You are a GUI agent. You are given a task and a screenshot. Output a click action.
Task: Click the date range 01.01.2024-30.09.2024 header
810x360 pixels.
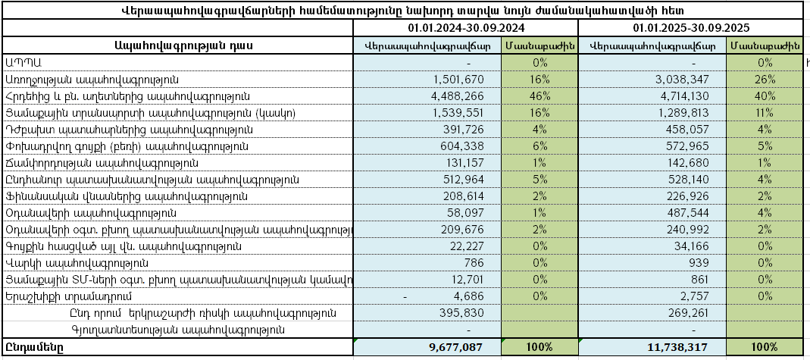pos(464,28)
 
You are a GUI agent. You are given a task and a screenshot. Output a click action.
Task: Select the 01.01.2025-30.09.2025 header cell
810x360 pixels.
pos(691,28)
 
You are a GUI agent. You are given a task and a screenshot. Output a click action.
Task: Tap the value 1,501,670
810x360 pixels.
pos(458,80)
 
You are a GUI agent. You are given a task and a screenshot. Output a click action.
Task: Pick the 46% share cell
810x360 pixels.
pos(539,96)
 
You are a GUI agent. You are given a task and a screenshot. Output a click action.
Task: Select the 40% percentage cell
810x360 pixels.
pos(765,96)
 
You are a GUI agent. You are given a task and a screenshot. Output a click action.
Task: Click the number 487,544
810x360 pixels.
pos(686,213)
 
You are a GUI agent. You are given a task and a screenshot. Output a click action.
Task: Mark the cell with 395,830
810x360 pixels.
pos(461,313)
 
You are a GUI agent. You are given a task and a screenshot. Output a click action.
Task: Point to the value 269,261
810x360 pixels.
pos(686,313)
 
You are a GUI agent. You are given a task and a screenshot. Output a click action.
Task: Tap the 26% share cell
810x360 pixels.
pos(765,80)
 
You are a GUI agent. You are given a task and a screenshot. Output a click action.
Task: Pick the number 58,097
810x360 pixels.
pos(466,213)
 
